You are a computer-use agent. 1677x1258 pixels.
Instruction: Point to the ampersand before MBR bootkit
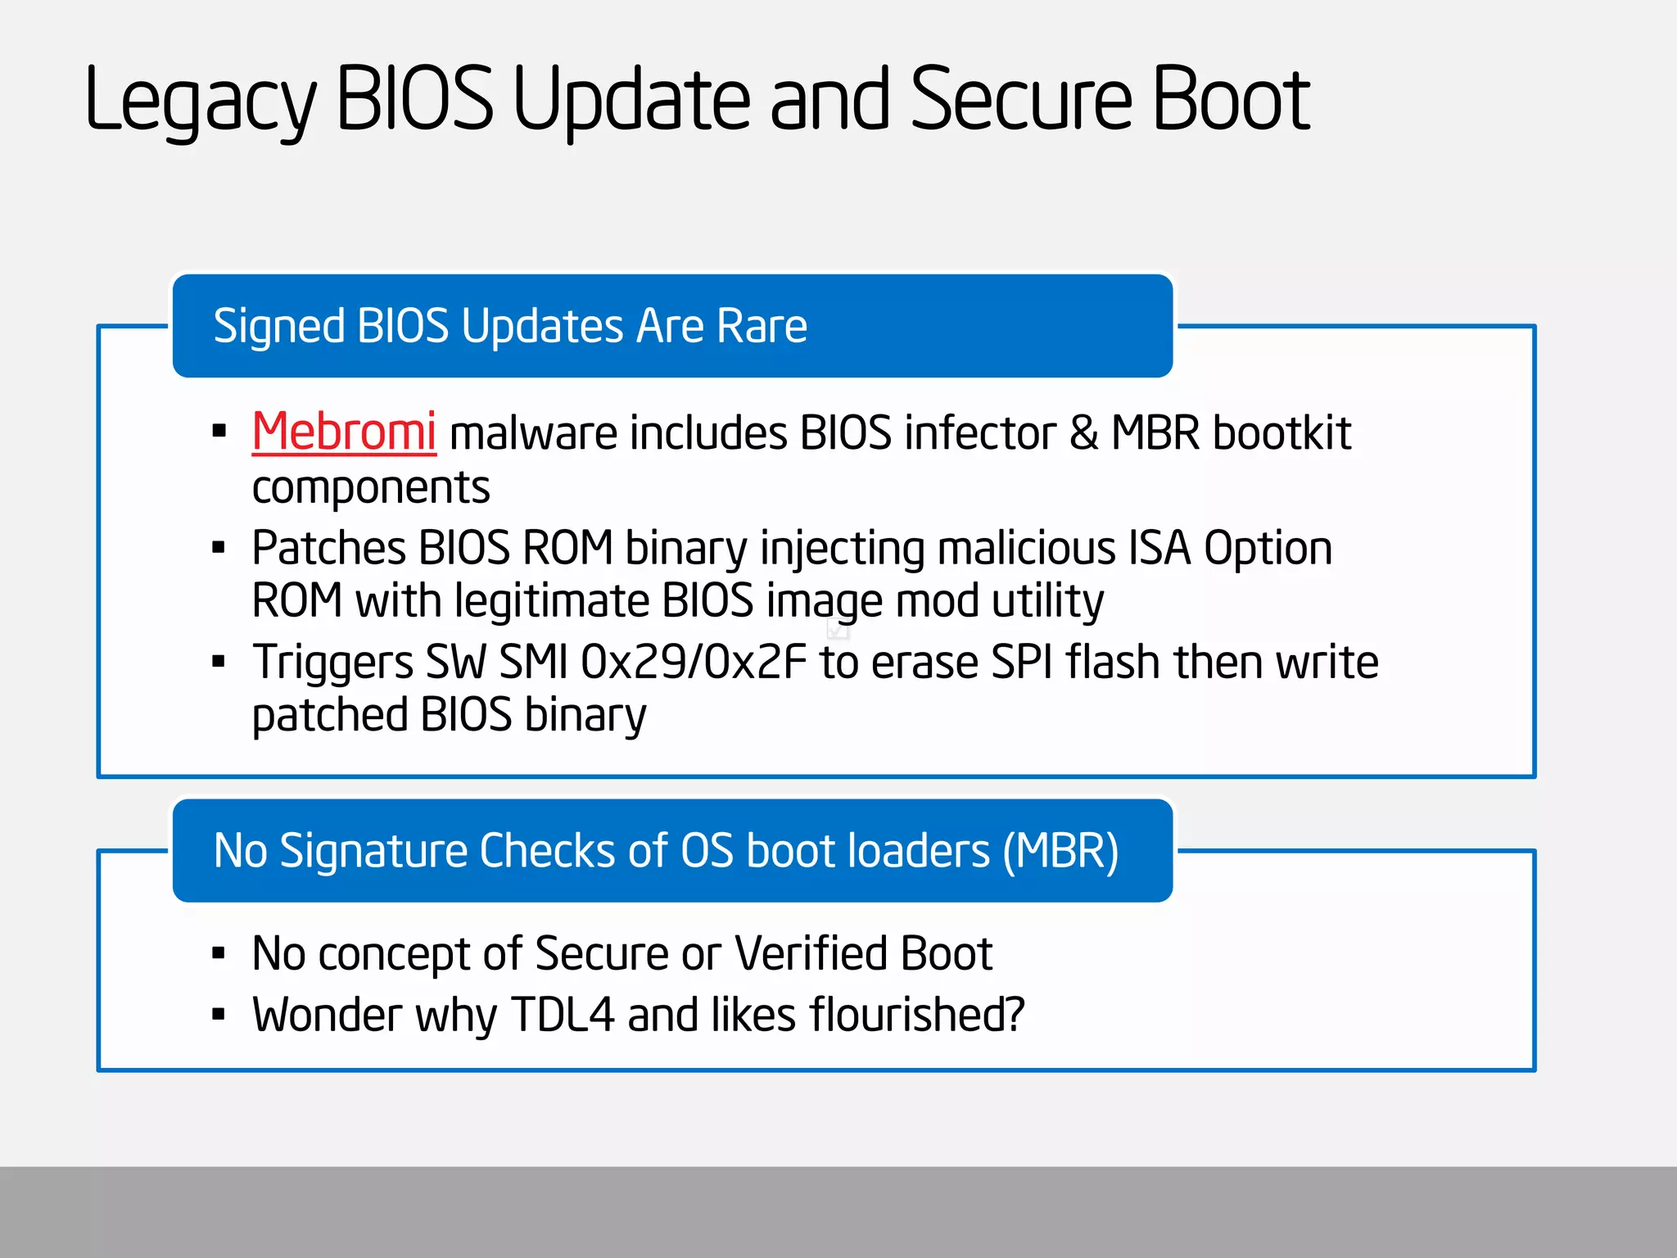coord(1083,432)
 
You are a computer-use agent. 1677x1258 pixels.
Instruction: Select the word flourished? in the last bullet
coord(917,1015)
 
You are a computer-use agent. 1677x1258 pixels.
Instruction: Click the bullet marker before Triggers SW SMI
coord(219,661)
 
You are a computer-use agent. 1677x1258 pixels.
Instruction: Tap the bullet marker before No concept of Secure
coord(219,953)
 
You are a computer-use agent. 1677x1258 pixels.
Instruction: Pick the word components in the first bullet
coord(371,488)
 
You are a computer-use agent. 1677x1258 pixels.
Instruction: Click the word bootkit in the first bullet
coord(1281,432)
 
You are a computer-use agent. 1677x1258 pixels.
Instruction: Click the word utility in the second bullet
coord(1047,601)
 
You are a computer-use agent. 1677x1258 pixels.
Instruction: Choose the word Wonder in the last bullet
coord(326,1015)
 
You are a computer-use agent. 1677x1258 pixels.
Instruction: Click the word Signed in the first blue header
coord(278,327)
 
